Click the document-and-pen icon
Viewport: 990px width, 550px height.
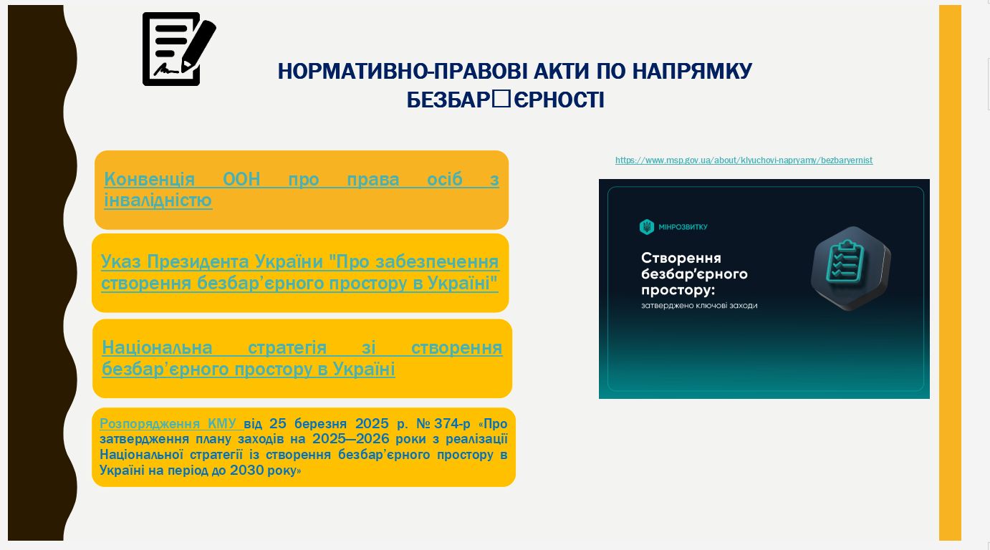179,49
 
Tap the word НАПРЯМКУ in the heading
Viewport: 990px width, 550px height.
692,71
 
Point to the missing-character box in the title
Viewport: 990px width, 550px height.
501,99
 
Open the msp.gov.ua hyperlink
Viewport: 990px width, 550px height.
744,160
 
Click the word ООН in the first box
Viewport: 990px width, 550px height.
241,179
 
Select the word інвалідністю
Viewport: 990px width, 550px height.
158,200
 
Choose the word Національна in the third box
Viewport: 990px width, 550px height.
157,347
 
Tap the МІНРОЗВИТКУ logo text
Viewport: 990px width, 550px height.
683,227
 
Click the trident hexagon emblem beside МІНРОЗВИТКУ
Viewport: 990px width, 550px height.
647,227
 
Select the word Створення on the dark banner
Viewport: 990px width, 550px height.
681,258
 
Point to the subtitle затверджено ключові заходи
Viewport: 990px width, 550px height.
699,305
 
